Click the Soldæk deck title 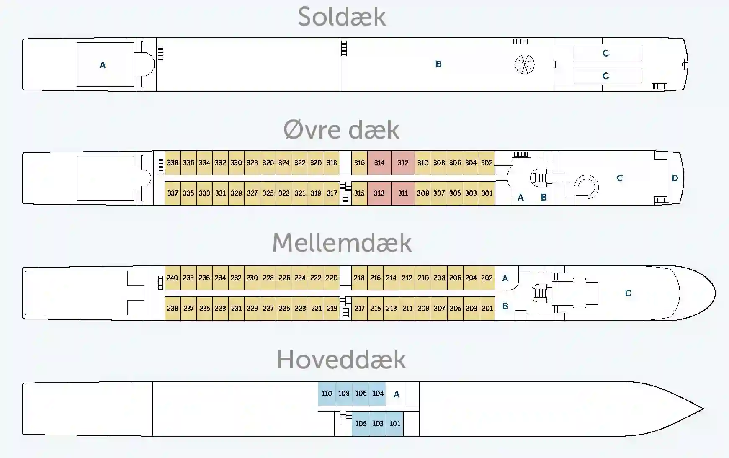click(342, 18)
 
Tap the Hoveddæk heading click(341, 360)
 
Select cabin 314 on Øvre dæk click(379, 163)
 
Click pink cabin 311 click(403, 193)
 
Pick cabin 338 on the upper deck click(173, 163)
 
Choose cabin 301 click(487, 193)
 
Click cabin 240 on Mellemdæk click(172, 278)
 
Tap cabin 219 click(332, 309)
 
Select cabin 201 click(487, 309)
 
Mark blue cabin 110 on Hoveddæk click(327, 394)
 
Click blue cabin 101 click(395, 424)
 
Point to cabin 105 click(361, 424)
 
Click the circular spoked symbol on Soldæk click(525, 64)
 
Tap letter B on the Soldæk click(438, 64)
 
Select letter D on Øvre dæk click(675, 178)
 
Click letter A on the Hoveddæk click(397, 394)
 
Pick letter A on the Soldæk click(103, 65)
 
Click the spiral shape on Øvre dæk click(586, 187)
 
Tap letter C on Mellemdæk click(628, 293)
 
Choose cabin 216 click(375, 278)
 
